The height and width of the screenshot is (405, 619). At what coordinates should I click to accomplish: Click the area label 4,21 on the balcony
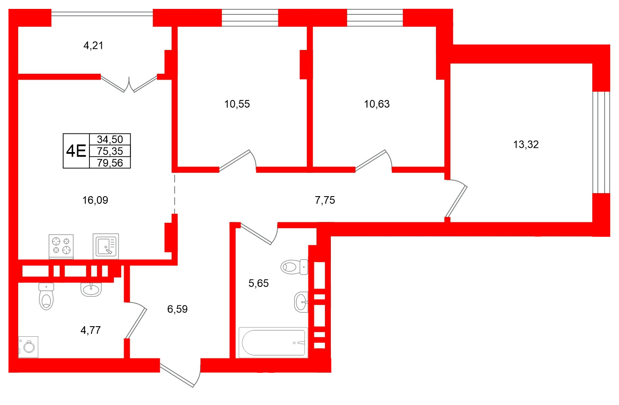tap(93, 45)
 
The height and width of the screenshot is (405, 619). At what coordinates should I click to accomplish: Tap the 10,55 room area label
tap(237, 104)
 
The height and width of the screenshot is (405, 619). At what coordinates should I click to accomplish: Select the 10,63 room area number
tap(377, 104)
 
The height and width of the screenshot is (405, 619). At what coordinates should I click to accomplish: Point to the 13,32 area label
tap(526, 144)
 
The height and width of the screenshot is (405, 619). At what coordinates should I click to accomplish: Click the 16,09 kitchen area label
tap(95, 200)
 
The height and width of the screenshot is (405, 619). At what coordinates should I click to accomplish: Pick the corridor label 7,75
tap(325, 200)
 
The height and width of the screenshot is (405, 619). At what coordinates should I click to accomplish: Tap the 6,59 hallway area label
tap(177, 309)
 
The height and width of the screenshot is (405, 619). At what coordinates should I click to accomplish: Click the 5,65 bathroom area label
tap(258, 283)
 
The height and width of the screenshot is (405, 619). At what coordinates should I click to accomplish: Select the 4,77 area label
tap(91, 330)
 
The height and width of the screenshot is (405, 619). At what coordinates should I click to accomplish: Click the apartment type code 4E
tap(76, 151)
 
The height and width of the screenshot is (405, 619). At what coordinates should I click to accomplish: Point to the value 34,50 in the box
tap(110, 139)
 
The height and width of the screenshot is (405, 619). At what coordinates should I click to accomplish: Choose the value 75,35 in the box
tap(110, 151)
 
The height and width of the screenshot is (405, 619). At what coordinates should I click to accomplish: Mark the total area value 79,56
tap(110, 163)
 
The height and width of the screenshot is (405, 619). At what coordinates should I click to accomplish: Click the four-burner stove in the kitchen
tap(61, 246)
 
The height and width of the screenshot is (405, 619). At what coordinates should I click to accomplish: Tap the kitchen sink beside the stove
tap(105, 246)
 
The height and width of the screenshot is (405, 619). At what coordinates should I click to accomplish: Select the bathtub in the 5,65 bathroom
tap(273, 343)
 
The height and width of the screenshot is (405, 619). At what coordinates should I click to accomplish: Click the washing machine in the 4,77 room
tap(28, 347)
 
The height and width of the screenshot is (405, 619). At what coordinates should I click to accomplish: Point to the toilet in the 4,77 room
tap(46, 296)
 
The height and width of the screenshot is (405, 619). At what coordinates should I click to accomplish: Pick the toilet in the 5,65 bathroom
tap(294, 267)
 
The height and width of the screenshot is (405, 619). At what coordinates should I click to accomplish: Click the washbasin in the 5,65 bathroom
tap(301, 302)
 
